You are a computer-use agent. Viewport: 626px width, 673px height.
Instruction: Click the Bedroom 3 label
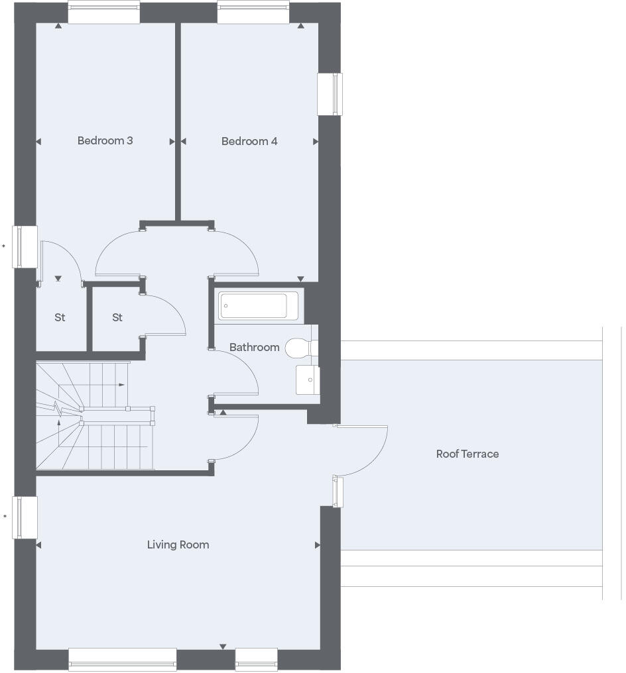tap(105, 140)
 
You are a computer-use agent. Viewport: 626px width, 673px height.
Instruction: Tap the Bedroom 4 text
tap(249, 141)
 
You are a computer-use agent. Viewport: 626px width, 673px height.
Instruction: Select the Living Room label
tap(178, 544)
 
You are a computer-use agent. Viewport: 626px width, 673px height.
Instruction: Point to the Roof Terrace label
tap(467, 454)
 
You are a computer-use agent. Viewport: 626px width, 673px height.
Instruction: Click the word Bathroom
tap(254, 347)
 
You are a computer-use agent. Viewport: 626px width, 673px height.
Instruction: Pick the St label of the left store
tap(60, 318)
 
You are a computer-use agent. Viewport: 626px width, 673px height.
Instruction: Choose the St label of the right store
tap(117, 318)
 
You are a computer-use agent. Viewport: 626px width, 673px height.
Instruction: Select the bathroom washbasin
tap(308, 380)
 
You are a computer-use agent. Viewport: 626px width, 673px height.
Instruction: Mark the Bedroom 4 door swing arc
tap(239, 248)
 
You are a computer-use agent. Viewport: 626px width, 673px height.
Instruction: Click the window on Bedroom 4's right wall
tap(330, 93)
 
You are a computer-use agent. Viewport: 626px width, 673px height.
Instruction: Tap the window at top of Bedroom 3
tap(104, 13)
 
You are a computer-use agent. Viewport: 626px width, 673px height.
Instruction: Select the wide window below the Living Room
tap(123, 659)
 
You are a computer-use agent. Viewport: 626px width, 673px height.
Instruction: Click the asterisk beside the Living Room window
tap(4, 517)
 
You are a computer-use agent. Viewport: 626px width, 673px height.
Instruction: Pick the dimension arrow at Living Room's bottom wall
tap(223, 647)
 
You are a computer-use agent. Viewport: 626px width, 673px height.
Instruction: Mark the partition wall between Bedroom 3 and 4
tap(178, 119)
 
